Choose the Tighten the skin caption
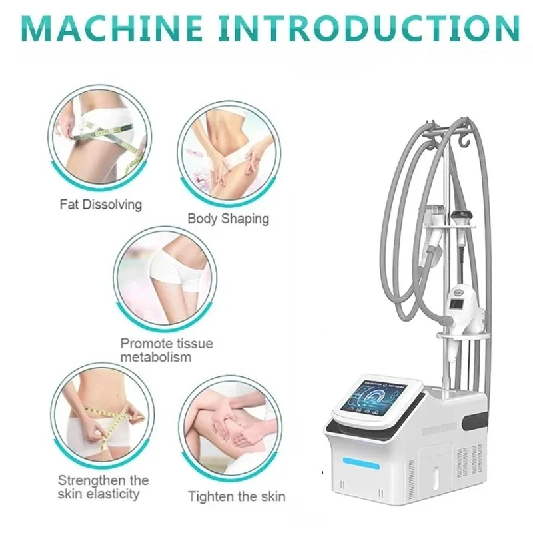pyautogui.click(x=237, y=496)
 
